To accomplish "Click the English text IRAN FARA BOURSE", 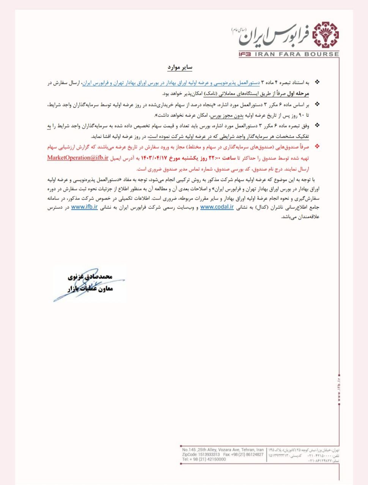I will click(x=296, y=54).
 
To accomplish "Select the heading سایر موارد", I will click(x=180, y=67).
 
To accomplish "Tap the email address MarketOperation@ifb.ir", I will click(x=78, y=158).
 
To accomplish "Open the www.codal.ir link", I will click(x=217, y=207).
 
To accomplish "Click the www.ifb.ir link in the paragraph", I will click(x=84, y=207).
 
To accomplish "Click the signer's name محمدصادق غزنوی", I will click(x=90, y=277).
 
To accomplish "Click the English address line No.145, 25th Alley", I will click(x=223, y=450).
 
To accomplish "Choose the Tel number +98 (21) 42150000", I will click(x=204, y=459).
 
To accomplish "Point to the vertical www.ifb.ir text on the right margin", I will click(x=338, y=387).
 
